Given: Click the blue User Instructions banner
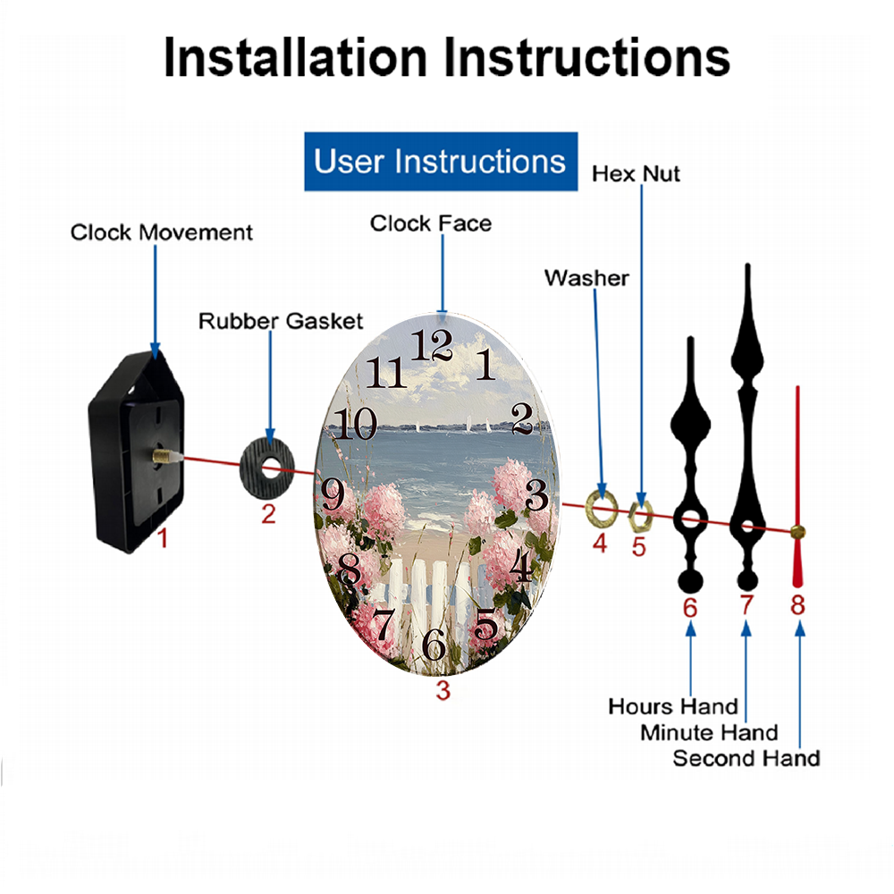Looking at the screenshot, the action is click(x=441, y=161).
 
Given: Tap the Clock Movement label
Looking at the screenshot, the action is click(x=161, y=232).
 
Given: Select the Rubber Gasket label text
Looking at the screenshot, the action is click(x=281, y=321).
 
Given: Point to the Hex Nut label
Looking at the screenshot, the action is click(x=636, y=174).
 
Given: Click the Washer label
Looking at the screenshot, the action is click(x=586, y=278).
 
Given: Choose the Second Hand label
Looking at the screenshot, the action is click(x=746, y=758).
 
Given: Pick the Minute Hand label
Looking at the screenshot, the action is click(x=709, y=733).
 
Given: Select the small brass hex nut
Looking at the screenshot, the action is click(x=640, y=517).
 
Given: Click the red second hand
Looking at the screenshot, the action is click(x=797, y=486).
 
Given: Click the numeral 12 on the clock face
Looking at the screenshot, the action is click(x=432, y=345).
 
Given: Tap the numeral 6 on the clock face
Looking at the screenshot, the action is click(x=434, y=645).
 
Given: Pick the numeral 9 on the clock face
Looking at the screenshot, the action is click(x=333, y=494).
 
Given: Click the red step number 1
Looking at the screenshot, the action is click(x=163, y=537).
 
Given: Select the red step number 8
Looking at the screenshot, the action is click(x=797, y=605).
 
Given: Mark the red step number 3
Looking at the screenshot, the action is click(x=443, y=690).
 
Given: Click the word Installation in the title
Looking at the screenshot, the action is click(x=295, y=57).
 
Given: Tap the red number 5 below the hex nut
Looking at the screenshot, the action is click(x=638, y=547).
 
